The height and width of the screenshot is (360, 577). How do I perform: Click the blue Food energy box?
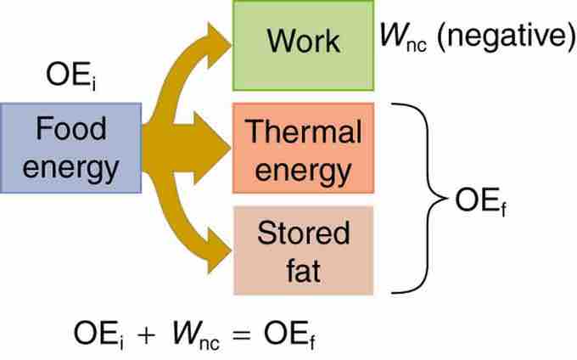(70, 149)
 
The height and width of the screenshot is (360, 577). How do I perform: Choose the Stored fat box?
(303, 251)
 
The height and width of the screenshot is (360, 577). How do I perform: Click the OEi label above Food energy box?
(69, 81)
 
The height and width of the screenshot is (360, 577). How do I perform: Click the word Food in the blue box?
(70, 130)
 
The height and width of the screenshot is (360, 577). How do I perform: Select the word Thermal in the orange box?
(303, 132)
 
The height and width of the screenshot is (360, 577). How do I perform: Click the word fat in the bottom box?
(303, 271)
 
